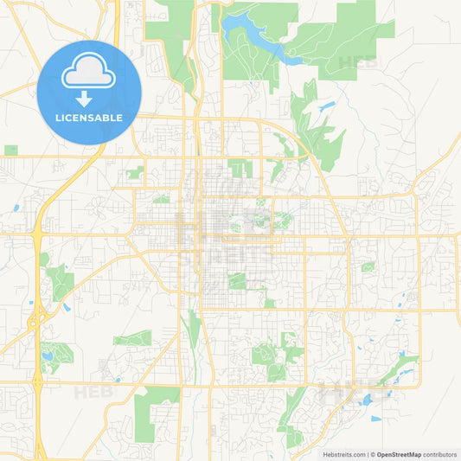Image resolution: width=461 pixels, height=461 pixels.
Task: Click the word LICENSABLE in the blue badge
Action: pos(89,117)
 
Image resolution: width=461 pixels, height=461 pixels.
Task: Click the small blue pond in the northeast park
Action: pos(326,106)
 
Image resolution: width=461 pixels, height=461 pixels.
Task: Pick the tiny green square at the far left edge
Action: pos(10,150)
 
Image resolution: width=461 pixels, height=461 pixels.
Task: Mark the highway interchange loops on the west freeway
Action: pos(36,321)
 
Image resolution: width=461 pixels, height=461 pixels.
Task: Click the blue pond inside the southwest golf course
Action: pos(45,354)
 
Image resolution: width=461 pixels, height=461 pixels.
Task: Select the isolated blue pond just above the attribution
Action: pos(376,419)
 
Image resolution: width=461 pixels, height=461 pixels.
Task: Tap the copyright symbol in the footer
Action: pos(372,453)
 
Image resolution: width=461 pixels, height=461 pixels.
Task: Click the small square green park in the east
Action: pos(368,267)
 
